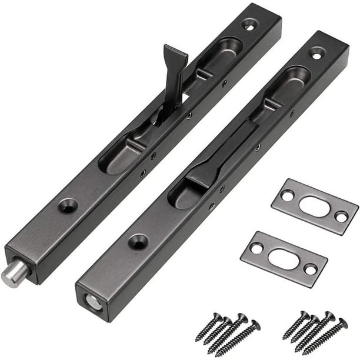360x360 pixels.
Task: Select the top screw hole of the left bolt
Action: (249, 25)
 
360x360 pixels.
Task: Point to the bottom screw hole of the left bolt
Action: (68, 205)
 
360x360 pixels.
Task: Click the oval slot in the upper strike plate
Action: (315, 208)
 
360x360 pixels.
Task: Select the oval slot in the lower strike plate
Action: (283, 258)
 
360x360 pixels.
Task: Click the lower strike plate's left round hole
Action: (256, 248)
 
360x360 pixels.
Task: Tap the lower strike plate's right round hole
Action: (309, 269)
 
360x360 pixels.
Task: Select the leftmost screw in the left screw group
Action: (208, 326)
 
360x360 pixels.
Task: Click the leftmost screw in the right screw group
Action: (295, 325)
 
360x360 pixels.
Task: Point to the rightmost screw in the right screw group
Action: (325, 336)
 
